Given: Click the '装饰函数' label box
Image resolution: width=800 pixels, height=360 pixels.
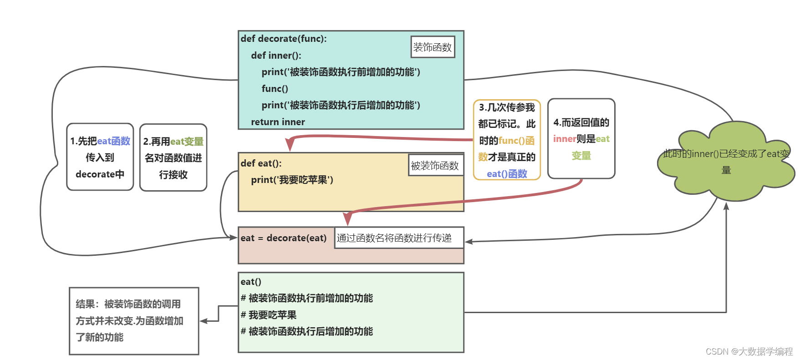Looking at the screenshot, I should click(x=433, y=47).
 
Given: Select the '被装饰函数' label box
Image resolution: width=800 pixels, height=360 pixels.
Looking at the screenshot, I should click(x=435, y=165).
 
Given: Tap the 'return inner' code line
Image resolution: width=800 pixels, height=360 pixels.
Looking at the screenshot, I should click(x=278, y=122).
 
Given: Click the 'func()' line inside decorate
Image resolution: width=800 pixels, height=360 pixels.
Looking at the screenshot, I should click(x=275, y=89).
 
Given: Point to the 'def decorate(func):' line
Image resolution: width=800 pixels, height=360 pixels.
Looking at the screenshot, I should click(x=283, y=39).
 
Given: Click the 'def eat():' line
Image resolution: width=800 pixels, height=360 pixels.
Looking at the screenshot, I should click(x=261, y=163).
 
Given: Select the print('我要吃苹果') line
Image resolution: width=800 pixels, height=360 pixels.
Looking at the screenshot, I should click(x=292, y=180).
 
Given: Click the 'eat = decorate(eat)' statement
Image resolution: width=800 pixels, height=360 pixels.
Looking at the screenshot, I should click(x=283, y=238).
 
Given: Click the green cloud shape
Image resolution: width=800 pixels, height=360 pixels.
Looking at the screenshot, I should click(x=726, y=162).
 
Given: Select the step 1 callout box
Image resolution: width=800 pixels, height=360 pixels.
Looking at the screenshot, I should click(x=100, y=157).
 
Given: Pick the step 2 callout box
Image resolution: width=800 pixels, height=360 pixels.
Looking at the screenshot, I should click(x=173, y=157).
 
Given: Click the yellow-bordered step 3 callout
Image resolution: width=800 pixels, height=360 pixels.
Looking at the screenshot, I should click(x=507, y=140).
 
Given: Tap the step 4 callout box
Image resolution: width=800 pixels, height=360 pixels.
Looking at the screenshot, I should click(x=581, y=139).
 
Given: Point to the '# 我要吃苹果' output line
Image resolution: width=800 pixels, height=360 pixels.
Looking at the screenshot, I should click(x=268, y=315).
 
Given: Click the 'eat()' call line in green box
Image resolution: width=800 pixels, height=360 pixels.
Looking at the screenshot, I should click(x=251, y=282).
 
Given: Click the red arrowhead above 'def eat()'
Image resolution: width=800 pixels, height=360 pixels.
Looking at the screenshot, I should click(x=290, y=144).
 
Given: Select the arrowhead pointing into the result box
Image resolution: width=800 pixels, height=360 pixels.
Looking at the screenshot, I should click(x=204, y=321).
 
